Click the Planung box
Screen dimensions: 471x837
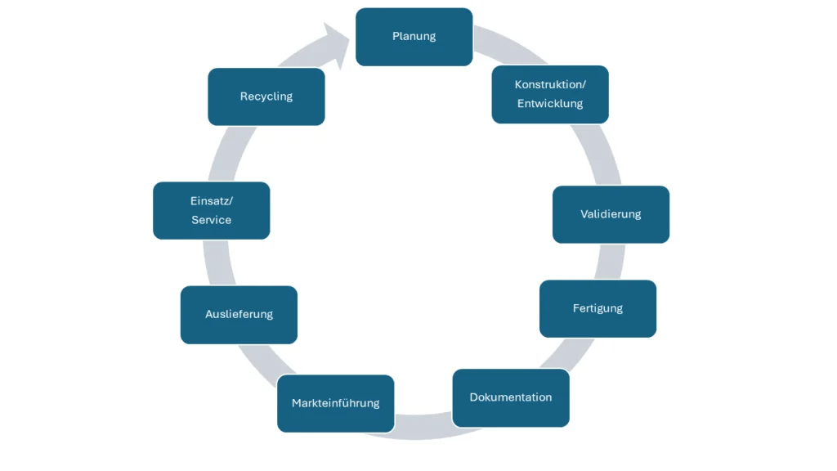click(414, 37)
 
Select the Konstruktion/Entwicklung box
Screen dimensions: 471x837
click(550, 95)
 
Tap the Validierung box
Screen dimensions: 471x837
click(611, 214)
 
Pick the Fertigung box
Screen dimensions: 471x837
click(598, 308)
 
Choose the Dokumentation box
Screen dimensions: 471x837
click(510, 397)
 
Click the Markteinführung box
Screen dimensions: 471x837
click(335, 403)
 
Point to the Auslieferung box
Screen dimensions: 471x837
click(239, 314)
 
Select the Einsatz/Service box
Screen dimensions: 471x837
click(211, 210)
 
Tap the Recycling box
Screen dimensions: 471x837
click(266, 96)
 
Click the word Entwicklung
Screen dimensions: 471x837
click(550, 104)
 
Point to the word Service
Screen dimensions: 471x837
click(211, 220)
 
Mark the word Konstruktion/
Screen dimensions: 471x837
click(550, 84)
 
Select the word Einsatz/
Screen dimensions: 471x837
click(211, 200)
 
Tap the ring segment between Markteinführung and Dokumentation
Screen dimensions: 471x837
click(423, 428)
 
